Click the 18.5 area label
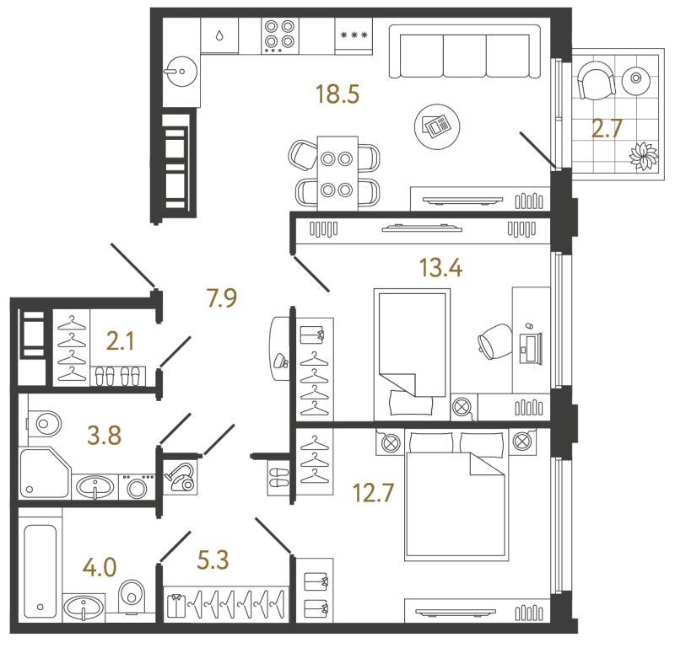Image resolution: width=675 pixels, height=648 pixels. pos(337,94)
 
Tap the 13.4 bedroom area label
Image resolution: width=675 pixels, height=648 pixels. pos(440,268)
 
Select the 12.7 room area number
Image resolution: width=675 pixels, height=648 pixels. pos(373,493)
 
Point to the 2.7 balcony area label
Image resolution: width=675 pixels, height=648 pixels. pos(607,128)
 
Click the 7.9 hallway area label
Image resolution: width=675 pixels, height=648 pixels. pos(222,298)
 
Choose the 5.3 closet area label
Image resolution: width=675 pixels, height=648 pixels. pos(213,560)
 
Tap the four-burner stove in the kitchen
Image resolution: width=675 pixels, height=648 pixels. pos(279,36)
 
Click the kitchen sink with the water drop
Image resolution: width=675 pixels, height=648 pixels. pos(219,35)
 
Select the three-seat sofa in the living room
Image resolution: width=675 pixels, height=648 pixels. pos(465,51)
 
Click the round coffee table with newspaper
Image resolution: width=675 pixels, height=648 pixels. pos(437,126)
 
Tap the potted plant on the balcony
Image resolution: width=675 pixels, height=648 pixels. pos(644,156)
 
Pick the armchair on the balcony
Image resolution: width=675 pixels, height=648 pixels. pos(597,81)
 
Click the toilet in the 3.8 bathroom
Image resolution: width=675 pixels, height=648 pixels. pos(45,424)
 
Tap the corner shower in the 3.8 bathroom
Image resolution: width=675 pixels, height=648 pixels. pos(45,473)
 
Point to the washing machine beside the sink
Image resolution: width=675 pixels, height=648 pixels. pos(137,487)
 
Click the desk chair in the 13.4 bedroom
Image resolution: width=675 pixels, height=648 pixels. pos(494,341)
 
